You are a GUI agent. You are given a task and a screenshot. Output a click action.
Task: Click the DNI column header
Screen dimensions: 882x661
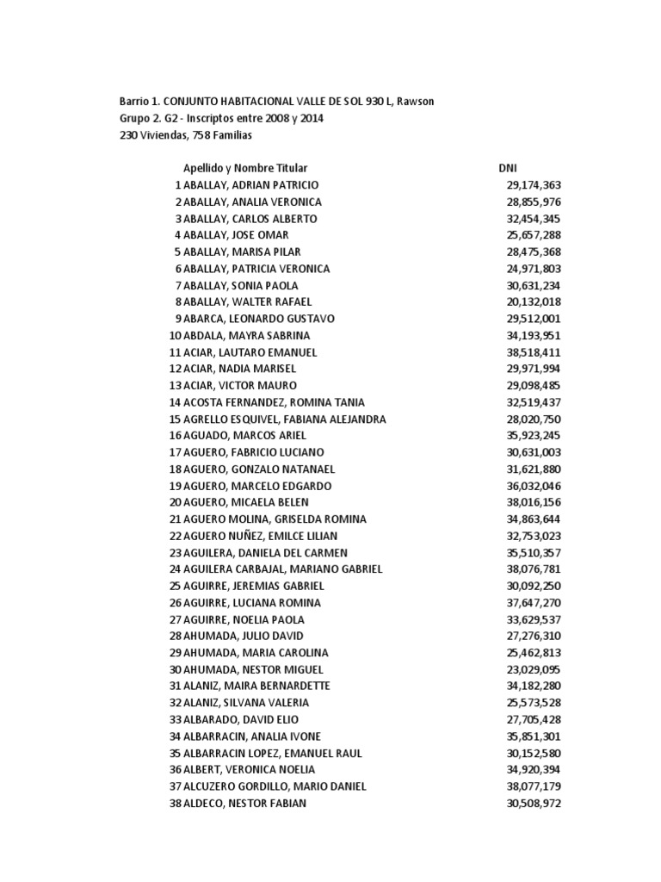tap(508, 169)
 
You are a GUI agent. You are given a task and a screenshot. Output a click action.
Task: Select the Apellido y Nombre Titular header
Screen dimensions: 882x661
tap(245, 169)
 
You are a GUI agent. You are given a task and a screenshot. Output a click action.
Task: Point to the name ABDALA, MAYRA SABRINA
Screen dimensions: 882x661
tap(247, 335)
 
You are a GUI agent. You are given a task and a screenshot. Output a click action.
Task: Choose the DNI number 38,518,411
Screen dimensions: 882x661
tap(534, 352)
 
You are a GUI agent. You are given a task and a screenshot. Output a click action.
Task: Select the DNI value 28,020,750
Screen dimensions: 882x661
tap(534, 419)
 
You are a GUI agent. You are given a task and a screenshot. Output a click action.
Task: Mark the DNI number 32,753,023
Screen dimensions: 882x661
tap(534, 536)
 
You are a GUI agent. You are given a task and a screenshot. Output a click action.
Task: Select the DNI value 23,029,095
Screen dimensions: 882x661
tap(534, 669)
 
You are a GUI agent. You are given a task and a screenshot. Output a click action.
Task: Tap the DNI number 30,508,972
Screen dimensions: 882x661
tap(534, 803)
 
